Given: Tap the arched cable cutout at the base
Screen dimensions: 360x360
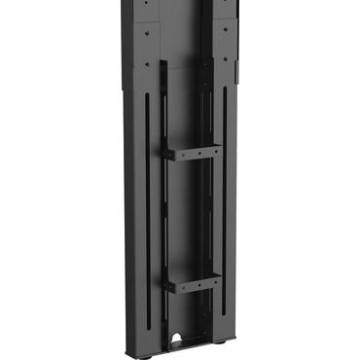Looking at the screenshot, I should (177, 341).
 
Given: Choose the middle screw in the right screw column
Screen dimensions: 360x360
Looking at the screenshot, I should (224, 30).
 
